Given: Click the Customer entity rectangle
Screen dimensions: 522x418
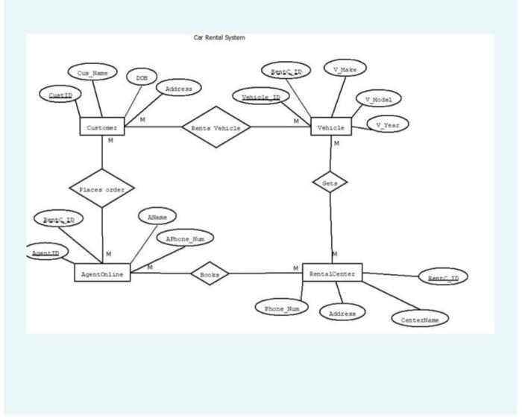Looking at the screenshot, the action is (x=101, y=127).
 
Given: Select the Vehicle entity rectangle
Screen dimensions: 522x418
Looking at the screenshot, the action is (x=330, y=127).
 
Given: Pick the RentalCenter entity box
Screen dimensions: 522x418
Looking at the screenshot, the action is (x=333, y=273).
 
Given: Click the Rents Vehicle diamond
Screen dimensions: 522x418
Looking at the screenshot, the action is (x=216, y=128).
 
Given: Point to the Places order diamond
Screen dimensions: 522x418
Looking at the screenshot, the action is (x=101, y=189).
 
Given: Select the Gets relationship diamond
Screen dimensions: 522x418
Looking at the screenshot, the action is (x=330, y=182).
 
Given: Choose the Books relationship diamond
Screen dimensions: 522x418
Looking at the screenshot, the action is (x=210, y=273).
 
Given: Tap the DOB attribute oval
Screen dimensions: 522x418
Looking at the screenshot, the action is (x=140, y=77).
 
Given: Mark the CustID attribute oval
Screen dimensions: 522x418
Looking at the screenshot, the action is (x=60, y=95).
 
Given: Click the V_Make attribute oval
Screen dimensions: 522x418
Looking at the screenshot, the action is (x=344, y=69).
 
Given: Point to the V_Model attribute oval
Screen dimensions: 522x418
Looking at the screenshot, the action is (x=379, y=99).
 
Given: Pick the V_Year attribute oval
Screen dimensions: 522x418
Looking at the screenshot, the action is (x=388, y=124).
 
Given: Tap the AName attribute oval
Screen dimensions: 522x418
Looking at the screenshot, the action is (x=157, y=216).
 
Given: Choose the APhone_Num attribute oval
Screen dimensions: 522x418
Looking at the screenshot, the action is (x=184, y=238).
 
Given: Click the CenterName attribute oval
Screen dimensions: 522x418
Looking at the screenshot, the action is (x=420, y=318).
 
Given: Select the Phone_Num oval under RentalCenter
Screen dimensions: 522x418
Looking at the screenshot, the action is (x=280, y=306).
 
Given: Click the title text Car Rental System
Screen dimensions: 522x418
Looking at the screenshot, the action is (x=219, y=37).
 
